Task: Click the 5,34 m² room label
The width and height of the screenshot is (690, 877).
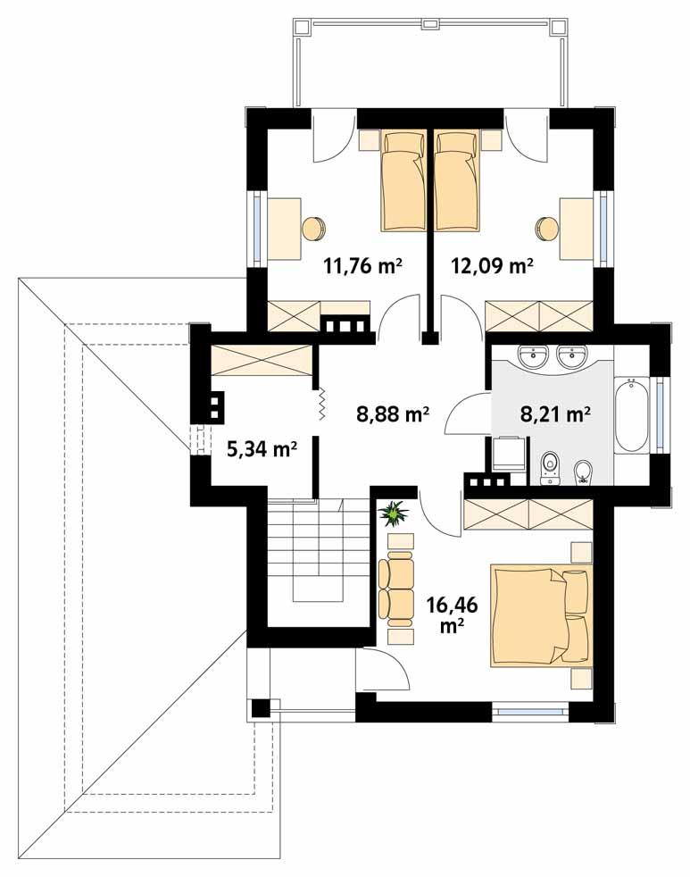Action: (262, 448)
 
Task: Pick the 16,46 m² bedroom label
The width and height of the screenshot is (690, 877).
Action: (452, 614)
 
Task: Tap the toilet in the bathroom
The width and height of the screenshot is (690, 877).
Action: (550, 466)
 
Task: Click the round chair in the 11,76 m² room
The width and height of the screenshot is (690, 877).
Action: (313, 228)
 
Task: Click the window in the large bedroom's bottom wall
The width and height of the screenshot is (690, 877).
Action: (530, 712)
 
